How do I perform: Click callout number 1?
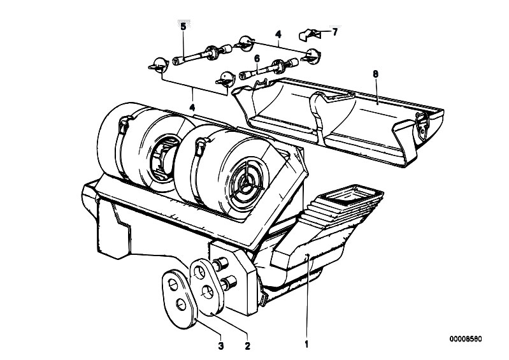tap(306, 344)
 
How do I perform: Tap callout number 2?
tap(247, 346)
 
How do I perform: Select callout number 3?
tap(221, 346)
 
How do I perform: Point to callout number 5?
tap(183, 27)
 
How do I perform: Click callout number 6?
tap(257, 59)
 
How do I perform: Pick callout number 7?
tap(334, 32)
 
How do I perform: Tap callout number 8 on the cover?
tap(376, 74)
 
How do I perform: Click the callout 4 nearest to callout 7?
tap(278, 34)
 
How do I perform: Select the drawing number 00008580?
tap(466, 339)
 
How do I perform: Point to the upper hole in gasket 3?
tap(173, 285)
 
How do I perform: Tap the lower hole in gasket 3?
tap(181, 305)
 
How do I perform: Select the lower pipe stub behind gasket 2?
tap(229, 282)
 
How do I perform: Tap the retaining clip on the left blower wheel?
tap(125, 124)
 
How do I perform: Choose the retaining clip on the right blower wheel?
tap(201, 145)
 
